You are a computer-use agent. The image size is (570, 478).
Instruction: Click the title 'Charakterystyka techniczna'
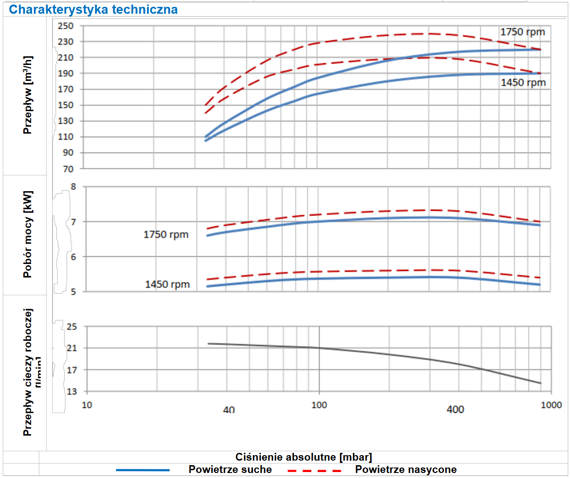tap(93, 10)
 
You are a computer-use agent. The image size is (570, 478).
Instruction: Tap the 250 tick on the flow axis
tap(65, 26)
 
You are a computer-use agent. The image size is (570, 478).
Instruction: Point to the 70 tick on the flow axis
tap(68, 169)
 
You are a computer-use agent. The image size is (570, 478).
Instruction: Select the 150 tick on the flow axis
tap(65, 105)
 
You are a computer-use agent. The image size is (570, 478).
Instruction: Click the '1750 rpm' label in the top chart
tap(522, 32)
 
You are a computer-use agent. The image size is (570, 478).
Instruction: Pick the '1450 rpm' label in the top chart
tap(523, 83)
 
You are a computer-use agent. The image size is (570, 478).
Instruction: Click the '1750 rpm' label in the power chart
tap(165, 235)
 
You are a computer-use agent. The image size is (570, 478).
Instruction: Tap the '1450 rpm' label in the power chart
tap(167, 285)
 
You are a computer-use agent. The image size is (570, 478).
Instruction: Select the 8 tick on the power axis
tap(73, 187)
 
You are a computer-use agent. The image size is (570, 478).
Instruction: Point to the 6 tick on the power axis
tap(73, 257)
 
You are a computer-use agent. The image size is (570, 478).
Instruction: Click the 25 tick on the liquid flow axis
tap(72, 327)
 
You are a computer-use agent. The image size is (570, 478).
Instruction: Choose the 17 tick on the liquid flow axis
tap(72, 370)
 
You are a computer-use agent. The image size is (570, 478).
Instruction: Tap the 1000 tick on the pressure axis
tap(551, 405)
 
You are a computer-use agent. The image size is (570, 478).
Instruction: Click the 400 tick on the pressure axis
tap(455, 409)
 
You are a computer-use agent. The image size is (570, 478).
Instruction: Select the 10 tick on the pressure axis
tap(87, 405)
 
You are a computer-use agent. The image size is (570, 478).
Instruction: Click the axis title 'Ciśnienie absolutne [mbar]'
tap(304, 457)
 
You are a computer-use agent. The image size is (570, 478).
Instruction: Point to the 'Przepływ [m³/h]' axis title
tap(28, 95)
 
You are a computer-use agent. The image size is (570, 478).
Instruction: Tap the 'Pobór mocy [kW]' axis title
tap(28, 234)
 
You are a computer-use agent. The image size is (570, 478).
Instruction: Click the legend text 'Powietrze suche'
tap(230, 470)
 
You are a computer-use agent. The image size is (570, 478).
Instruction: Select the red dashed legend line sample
tap(314, 470)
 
